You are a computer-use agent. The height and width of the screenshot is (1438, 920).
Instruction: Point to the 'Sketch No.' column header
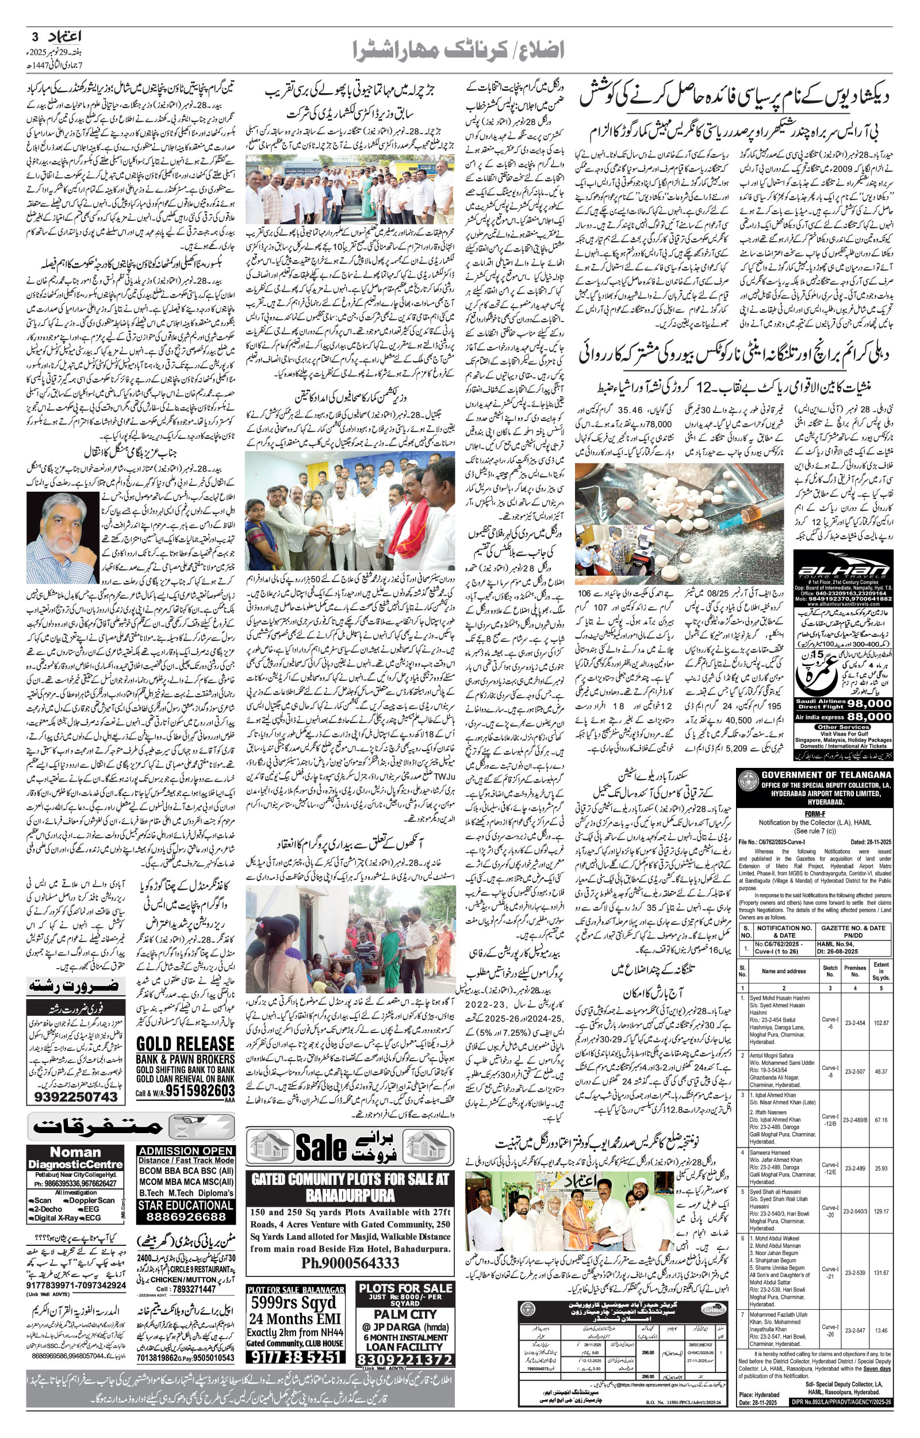click(x=830, y=970)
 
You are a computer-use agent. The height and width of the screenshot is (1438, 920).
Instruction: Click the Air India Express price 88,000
click(x=869, y=716)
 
